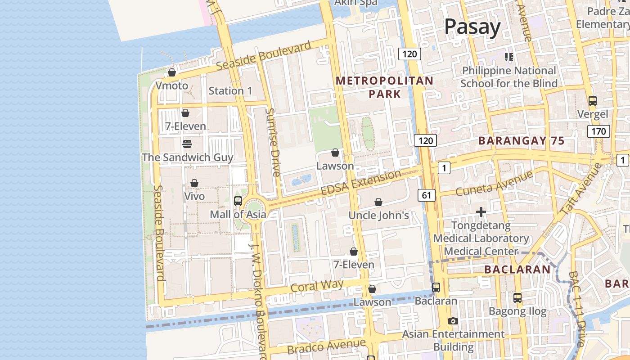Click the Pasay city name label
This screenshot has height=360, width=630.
(472, 27)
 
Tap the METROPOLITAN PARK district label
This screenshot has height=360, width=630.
(385, 87)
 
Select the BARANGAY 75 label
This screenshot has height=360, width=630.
(521, 140)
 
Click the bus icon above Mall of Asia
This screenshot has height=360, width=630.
(238, 201)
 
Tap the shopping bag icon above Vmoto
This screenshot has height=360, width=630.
(172, 72)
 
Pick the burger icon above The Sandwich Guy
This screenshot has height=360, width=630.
(187, 144)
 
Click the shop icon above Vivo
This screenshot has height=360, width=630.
(194, 183)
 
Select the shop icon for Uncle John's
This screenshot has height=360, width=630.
(378, 202)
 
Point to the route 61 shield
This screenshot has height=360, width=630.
(426, 195)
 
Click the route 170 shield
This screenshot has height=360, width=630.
(598, 131)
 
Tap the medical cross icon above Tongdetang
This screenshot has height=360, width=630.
(481, 211)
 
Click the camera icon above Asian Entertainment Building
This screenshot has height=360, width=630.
(453, 321)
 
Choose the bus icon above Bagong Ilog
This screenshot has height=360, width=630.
(517, 297)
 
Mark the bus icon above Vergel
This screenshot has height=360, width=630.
(593, 101)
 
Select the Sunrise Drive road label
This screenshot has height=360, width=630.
(273, 142)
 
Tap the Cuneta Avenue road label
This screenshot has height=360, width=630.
(494, 183)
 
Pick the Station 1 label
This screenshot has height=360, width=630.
(230, 91)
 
